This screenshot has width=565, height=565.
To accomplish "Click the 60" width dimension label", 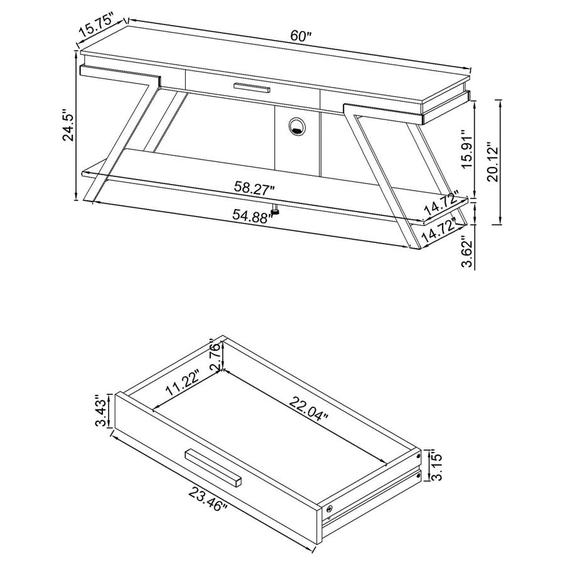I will point(301,36).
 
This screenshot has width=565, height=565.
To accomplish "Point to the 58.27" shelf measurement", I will point(254,187).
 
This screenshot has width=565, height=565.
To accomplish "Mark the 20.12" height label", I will point(493,161).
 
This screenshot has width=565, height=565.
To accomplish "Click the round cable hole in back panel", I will point(296,127).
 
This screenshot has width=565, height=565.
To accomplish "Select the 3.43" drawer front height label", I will point(100,411).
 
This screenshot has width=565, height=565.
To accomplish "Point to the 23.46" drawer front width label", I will point(208,497).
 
